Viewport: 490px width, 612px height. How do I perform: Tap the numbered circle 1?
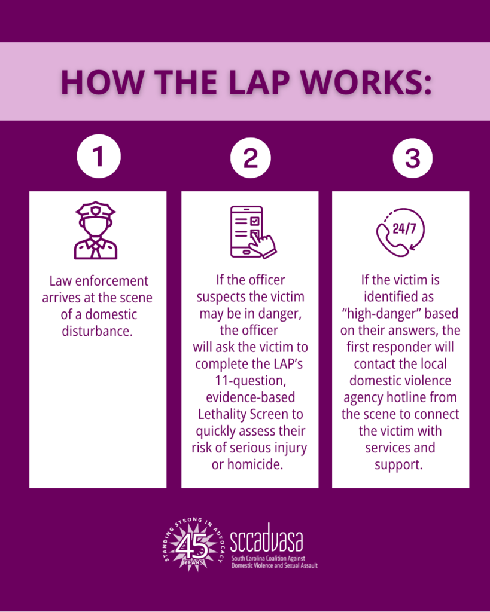99,156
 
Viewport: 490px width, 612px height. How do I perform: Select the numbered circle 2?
251,158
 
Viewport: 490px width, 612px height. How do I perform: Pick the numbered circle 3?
413,158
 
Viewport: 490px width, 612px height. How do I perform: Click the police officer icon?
96,230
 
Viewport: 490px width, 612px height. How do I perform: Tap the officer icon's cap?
96,210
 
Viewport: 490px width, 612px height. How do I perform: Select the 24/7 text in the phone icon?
404,228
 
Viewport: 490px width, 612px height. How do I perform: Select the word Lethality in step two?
223,414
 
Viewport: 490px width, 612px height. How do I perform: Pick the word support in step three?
398,465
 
